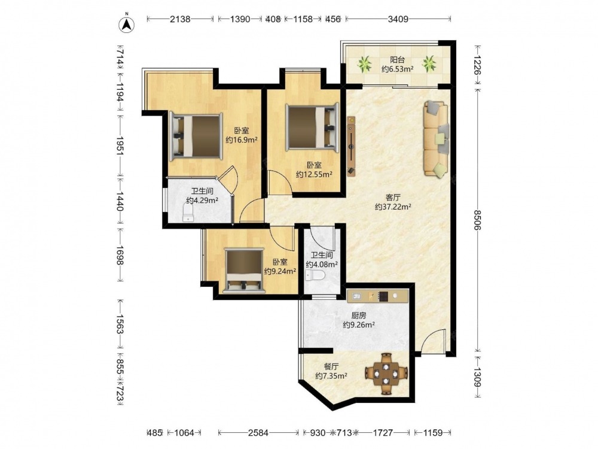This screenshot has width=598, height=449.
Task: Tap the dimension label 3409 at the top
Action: (x=398, y=19)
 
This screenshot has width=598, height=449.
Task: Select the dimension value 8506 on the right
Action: (x=477, y=220)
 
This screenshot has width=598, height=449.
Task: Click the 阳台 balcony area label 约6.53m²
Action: (x=398, y=69)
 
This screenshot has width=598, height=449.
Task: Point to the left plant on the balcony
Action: (x=365, y=64)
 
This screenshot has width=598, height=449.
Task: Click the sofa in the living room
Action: (x=436, y=139)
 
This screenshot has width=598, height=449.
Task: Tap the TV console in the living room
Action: (x=351, y=146)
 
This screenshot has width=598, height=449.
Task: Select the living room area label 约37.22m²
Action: (x=393, y=207)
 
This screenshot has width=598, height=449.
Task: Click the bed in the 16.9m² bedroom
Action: (x=196, y=135)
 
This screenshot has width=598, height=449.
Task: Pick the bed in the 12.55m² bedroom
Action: (x=313, y=128)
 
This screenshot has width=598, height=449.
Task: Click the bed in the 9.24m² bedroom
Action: (x=244, y=271)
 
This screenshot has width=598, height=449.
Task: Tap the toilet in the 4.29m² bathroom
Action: (x=189, y=213)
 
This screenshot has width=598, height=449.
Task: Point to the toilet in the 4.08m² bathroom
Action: (x=316, y=275)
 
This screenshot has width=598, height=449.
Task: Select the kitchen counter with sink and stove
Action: (x=377, y=296)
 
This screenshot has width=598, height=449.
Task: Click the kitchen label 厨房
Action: (x=358, y=315)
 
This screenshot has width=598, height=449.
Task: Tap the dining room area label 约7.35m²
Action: (x=331, y=376)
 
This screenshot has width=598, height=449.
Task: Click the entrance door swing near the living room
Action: (x=432, y=341)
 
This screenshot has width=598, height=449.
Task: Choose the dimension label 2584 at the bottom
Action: (x=258, y=433)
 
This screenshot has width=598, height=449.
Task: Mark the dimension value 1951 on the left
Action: (x=119, y=146)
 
